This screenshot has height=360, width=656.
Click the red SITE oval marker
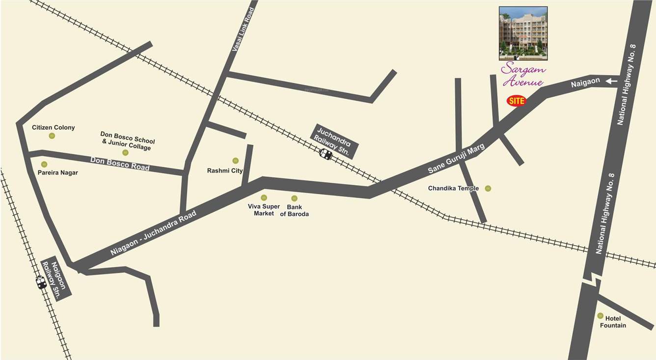[x=516, y=101]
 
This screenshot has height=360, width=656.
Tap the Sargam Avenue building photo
[x=523, y=30]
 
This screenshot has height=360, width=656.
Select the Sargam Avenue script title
[x=523, y=74]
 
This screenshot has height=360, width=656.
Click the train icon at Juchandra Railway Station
[x=325, y=154]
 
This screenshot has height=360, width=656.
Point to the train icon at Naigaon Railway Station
[x=41, y=282]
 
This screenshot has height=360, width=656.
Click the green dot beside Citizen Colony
[x=52, y=136]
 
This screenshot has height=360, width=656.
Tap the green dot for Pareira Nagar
[x=44, y=165]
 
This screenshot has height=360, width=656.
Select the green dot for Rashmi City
[x=235, y=161]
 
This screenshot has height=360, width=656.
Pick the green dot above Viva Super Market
[x=264, y=197]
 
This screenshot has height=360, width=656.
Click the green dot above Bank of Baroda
[x=294, y=198]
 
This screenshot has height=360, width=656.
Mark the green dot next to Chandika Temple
[x=488, y=188]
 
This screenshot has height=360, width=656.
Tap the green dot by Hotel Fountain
[x=600, y=316]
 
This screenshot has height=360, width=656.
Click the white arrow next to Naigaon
[x=612, y=81]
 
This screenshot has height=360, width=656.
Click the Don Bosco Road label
[x=120, y=163]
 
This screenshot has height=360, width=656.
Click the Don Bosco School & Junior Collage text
[x=127, y=140]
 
